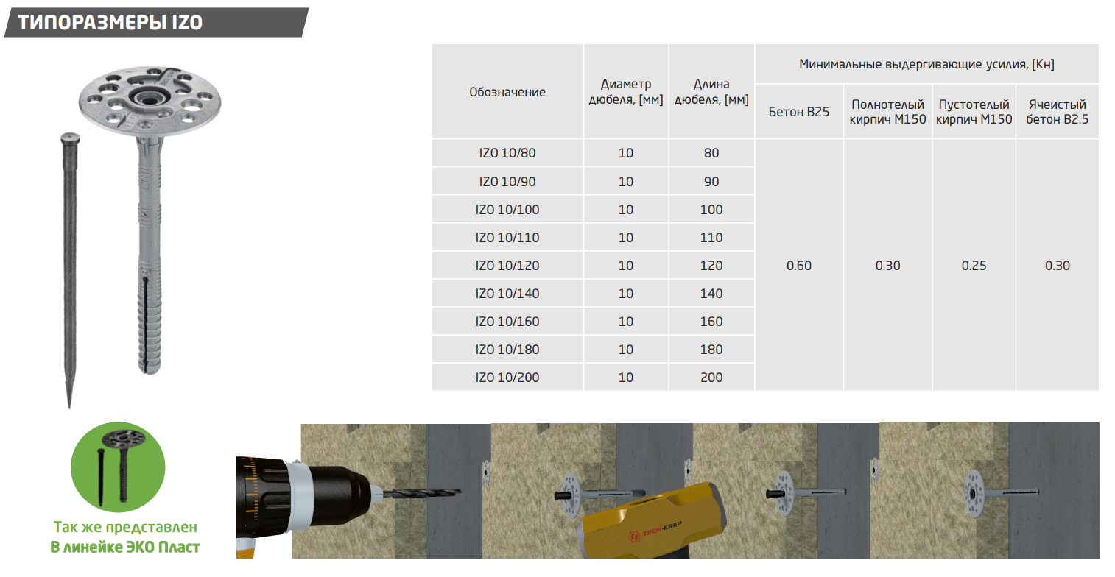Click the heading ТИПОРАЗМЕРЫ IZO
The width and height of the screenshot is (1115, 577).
[110, 22]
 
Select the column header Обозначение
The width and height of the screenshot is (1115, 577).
[507, 92]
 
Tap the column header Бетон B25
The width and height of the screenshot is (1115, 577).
[799, 112]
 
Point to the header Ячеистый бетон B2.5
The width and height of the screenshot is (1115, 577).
[1058, 112]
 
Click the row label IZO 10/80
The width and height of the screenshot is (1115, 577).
[507, 153]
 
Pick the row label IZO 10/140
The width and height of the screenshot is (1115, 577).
[507, 294]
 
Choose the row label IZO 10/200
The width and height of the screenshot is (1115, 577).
[507, 378]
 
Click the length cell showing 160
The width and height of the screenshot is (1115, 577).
[711, 322]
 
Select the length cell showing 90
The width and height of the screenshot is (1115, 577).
[711, 182]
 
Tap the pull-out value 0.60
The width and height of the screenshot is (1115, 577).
[799, 266]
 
